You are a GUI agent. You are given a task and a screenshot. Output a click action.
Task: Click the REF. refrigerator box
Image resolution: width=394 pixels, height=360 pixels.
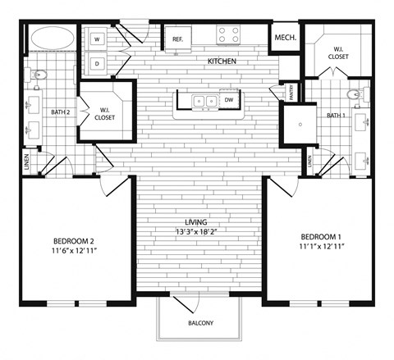click(x=177, y=38)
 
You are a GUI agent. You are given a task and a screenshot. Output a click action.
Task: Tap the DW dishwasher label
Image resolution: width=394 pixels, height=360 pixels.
click(x=228, y=101)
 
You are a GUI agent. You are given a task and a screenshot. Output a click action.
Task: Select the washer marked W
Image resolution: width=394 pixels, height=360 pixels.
click(x=97, y=39)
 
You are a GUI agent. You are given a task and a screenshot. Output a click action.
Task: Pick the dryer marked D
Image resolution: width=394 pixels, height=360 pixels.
click(x=97, y=63)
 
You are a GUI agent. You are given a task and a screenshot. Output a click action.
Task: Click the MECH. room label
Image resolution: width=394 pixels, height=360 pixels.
click(x=285, y=38)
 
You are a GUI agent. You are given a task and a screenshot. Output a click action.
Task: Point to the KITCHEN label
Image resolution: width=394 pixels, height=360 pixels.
click(x=222, y=62)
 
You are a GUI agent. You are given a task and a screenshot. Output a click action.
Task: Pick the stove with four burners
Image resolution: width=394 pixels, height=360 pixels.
click(x=228, y=35)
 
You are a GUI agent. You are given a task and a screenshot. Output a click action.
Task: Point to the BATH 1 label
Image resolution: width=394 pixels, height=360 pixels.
click(x=336, y=116)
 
